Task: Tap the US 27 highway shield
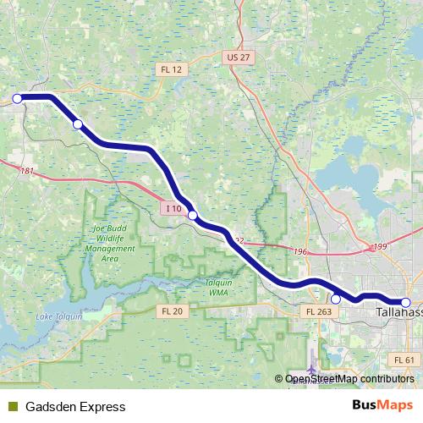coord(239,57)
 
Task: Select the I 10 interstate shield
coord(173,208)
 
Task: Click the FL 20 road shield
coord(171,311)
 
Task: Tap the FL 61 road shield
coord(405,360)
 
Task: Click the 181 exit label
coord(27,171)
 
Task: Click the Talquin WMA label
coord(225,288)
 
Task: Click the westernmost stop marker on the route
coord(17,98)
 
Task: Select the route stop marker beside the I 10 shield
coord(193,216)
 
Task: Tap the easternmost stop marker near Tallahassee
coord(405,302)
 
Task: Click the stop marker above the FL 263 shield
coord(335,299)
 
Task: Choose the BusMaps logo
coord(382,406)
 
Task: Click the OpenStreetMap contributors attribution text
coord(349,379)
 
